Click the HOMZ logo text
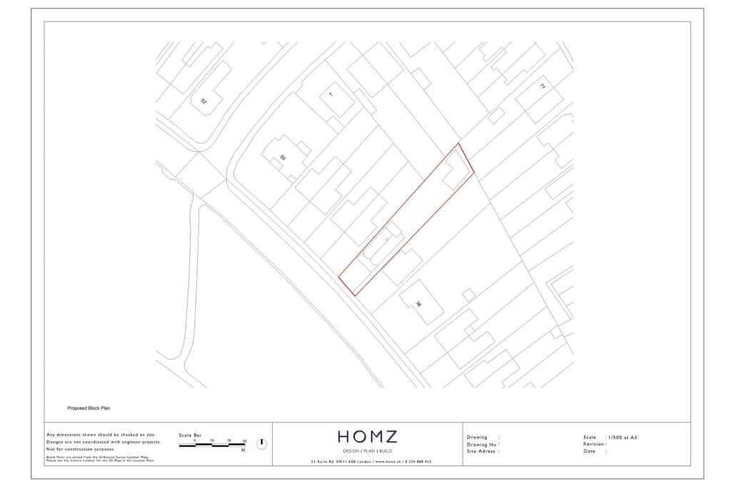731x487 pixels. click(368, 436)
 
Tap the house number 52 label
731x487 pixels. click(204, 101)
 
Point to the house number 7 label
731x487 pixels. click(331, 94)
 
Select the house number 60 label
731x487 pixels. click(283, 157)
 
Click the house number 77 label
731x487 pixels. click(542, 86)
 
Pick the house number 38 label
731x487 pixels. click(418, 303)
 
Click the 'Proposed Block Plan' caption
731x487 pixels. click(89, 408)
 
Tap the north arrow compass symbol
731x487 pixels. click(261, 443)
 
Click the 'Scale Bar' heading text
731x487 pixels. click(190, 435)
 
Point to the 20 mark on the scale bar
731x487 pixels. click(245, 441)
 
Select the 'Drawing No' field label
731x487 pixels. click(482, 444)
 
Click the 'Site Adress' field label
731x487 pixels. click(482, 451)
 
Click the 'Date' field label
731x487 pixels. click(590, 451)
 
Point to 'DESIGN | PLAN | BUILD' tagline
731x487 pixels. click(368, 451)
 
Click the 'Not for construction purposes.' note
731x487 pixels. click(81, 449)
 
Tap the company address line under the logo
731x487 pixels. click(371, 462)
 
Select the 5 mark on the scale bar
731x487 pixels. click(195, 441)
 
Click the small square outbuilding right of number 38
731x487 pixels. click(468, 294)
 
